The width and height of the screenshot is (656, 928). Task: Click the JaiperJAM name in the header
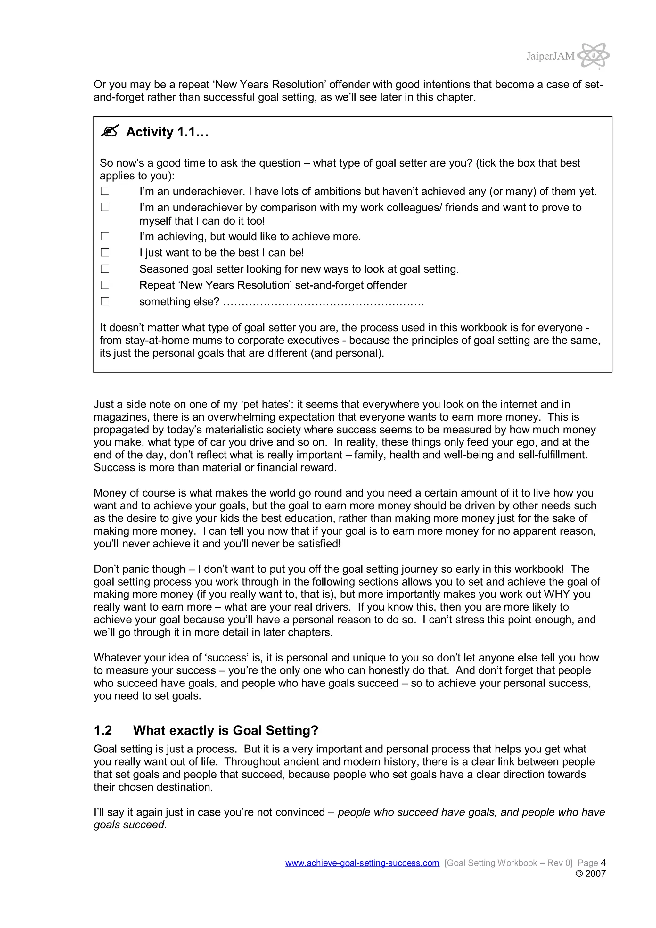coord(550,56)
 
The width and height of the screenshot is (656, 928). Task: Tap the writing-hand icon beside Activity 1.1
coord(109,131)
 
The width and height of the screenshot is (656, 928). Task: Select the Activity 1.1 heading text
coord(167,132)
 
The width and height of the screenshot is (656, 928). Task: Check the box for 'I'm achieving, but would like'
coord(105,236)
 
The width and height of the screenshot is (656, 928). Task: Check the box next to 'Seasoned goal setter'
coord(105,268)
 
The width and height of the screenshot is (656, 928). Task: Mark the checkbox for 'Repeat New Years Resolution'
coord(105,285)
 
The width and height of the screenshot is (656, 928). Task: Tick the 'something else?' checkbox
coord(105,301)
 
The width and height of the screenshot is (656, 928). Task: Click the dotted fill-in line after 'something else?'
coord(323,303)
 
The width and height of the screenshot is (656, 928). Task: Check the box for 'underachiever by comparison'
coord(105,207)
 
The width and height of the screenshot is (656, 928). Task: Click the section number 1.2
coord(103,730)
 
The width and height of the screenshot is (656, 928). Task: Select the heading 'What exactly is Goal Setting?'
coord(225,730)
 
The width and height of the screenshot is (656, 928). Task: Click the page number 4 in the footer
coord(603,863)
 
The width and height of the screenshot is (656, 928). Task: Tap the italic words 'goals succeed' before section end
coord(129,825)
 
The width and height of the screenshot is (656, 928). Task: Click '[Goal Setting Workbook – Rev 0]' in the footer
coord(508,863)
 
